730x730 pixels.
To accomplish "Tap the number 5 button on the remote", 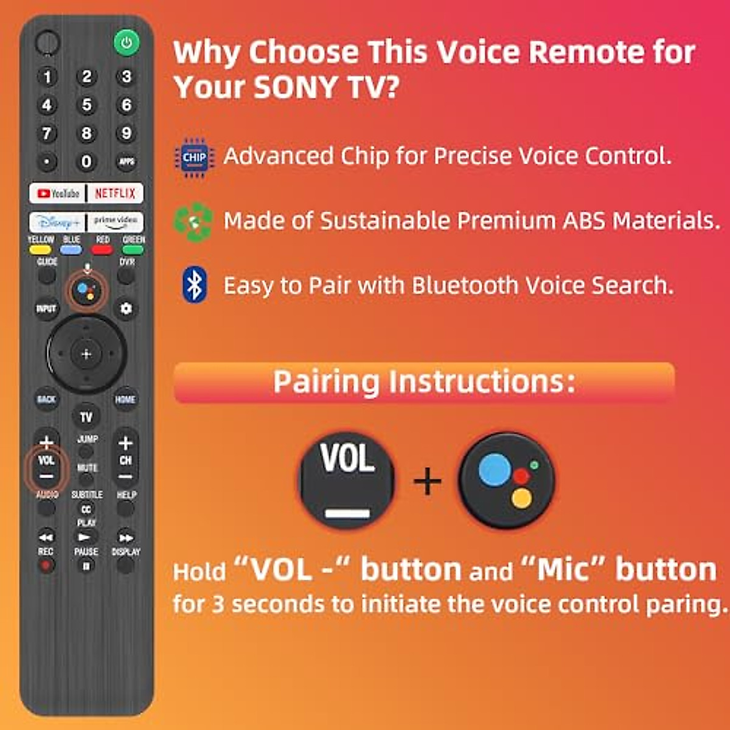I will pyautogui.click(x=86, y=105).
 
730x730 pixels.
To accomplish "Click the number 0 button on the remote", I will pyautogui.click(x=86, y=161).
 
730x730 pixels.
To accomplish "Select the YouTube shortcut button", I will pyautogui.click(x=58, y=193).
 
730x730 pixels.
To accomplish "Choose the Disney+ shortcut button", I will pyautogui.click(x=57, y=222).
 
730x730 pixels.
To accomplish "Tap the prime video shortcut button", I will pyautogui.click(x=116, y=222).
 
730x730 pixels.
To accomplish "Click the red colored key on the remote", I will pyautogui.click(x=102, y=249).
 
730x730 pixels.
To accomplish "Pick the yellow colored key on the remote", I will pyautogui.click(x=40, y=249).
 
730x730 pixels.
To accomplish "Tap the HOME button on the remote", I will pyautogui.click(x=125, y=399).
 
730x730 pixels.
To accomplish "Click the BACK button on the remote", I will pyautogui.click(x=46, y=399).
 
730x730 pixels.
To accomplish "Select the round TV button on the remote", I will pyautogui.click(x=86, y=417).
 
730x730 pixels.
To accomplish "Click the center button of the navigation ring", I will pyautogui.click(x=86, y=353).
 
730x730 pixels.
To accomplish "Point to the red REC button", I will pyautogui.click(x=46, y=565).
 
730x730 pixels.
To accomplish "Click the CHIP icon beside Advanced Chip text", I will pyautogui.click(x=194, y=158).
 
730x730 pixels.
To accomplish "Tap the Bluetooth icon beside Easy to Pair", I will pyautogui.click(x=194, y=285).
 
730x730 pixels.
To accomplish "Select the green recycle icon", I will pyautogui.click(x=193, y=222).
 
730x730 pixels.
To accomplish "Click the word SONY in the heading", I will pyautogui.click(x=296, y=87).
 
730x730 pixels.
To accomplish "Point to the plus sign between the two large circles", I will pyautogui.click(x=427, y=481).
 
